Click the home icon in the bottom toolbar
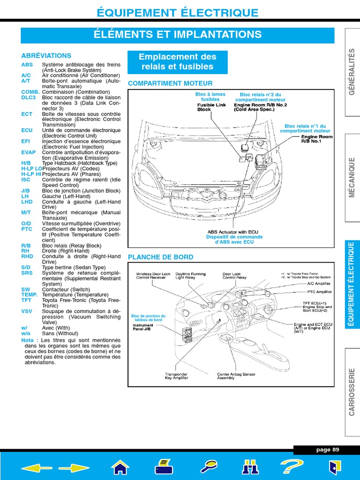click(120, 467)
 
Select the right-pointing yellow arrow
click(74, 467)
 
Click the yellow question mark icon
click(292, 467)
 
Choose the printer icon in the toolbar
click(164, 467)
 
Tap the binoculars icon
click(250, 467)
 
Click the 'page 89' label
click(327, 450)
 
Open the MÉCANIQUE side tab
click(352, 178)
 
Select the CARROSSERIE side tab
click(352, 391)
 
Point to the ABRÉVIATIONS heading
click(46, 55)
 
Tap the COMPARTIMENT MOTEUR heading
click(170, 83)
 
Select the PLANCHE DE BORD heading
click(160, 257)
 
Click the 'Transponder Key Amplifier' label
click(176, 376)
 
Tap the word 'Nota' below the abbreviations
click(27, 340)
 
